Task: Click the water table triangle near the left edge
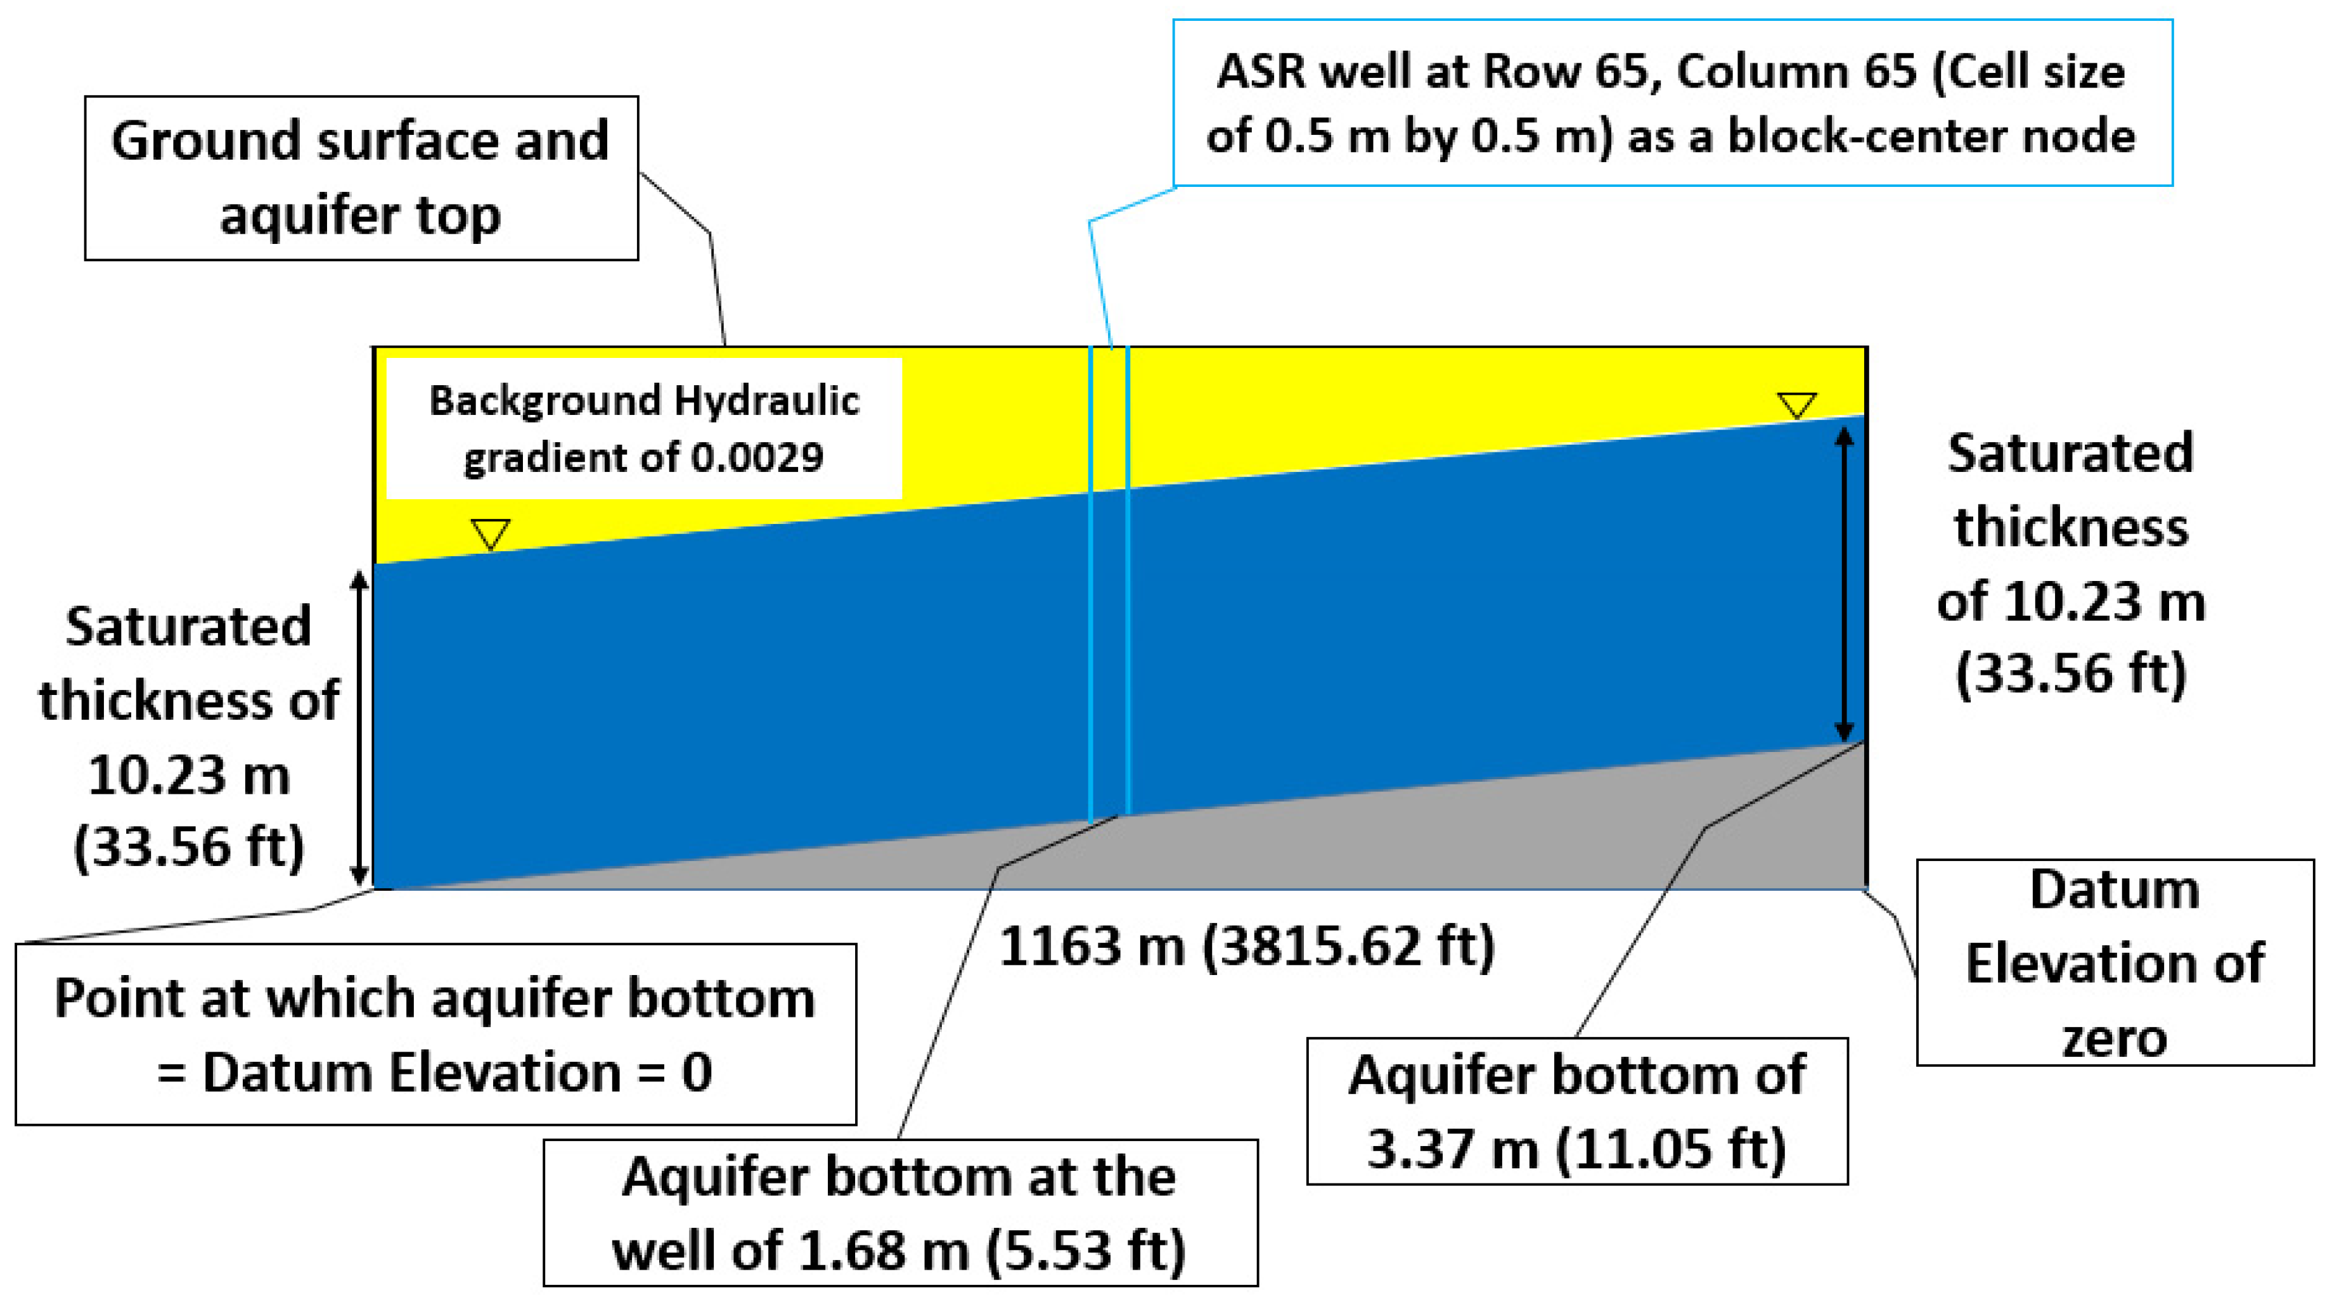(491, 533)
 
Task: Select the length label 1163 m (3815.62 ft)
(1247, 947)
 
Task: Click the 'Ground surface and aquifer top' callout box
(361, 178)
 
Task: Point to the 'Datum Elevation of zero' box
(2115, 962)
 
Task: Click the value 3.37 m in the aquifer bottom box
(1451, 1149)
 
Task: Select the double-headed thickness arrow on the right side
(1844, 583)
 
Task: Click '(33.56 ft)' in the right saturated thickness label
(2071, 673)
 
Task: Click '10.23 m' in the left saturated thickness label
(189, 775)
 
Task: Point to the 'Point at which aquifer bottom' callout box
(435, 1035)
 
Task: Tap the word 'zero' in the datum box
(2115, 1037)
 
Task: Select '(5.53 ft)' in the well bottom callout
(1085, 1251)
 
